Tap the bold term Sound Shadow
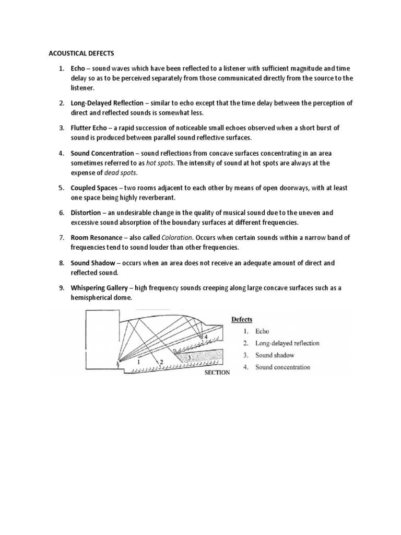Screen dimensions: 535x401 pyautogui.click(x=92, y=263)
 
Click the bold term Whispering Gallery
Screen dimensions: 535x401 pyautogui.click(x=100, y=288)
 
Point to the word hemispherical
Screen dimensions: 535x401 pyautogui.click(x=95, y=297)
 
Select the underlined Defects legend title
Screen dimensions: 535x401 pyautogui.click(x=241, y=319)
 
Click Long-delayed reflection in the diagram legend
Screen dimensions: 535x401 pyautogui.click(x=287, y=343)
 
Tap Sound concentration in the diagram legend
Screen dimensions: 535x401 pyautogui.click(x=282, y=367)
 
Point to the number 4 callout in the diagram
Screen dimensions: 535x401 pyautogui.click(x=207, y=337)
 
